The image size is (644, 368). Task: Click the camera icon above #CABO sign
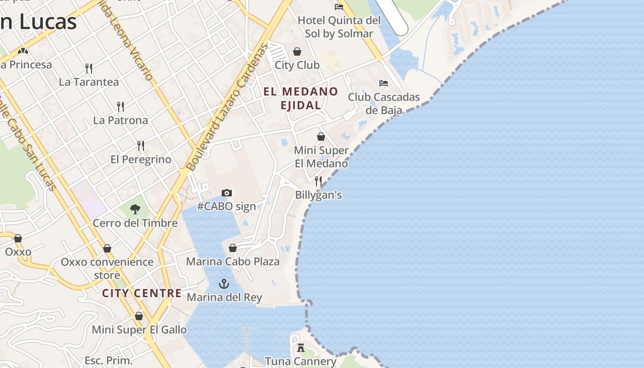tap(227, 193)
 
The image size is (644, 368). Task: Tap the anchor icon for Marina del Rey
tap(224, 283)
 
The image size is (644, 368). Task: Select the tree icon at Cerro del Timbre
tap(135, 210)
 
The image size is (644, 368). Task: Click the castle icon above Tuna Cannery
tap(301, 347)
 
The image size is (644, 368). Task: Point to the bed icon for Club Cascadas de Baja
tap(384, 83)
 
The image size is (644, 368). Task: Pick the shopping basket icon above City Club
tap(298, 52)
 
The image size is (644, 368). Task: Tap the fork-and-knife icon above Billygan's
tap(318, 181)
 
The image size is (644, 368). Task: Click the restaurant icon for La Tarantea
tap(89, 69)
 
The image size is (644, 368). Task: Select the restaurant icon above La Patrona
tap(121, 107)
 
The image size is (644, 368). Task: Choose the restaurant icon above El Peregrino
tap(141, 146)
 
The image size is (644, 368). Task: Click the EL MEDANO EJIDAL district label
tap(301, 98)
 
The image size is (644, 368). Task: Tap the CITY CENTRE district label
tap(142, 293)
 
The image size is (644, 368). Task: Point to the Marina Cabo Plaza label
tap(233, 262)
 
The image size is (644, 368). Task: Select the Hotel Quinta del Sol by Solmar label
tap(339, 27)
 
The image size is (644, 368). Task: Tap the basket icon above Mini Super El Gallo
tap(139, 316)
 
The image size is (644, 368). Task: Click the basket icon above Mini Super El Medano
tap(321, 137)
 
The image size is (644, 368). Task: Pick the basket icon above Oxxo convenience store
tap(107, 249)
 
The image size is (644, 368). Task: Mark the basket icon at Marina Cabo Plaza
tap(233, 248)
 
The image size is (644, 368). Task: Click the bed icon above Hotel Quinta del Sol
tap(339, 6)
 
